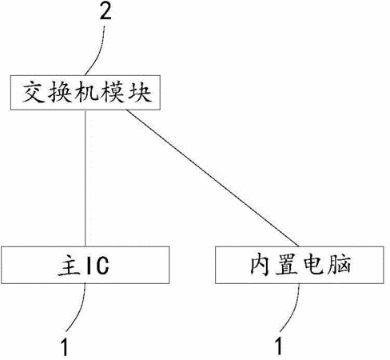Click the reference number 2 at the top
point(105,12)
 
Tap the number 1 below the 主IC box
point(65,346)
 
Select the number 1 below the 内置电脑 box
point(279,346)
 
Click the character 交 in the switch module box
point(34,93)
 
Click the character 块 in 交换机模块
point(140,93)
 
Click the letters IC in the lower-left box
point(97,266)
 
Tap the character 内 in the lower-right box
point(261,265)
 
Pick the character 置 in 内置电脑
point(287,265)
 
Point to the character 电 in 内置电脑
point(313,265)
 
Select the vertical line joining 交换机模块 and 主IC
point(86,178)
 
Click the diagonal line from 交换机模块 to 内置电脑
point(213,178)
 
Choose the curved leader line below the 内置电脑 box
point(292,310)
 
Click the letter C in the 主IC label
point(102,266)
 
